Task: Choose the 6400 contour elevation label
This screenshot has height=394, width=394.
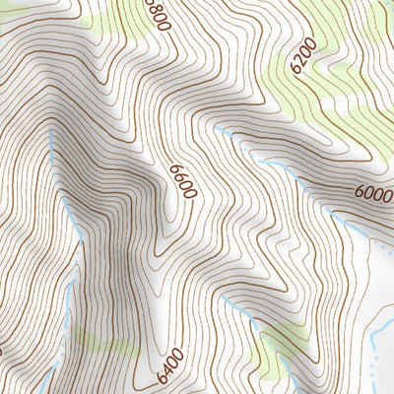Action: click(168, 368)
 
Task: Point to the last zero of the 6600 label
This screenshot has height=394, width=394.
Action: click(187, 196)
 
